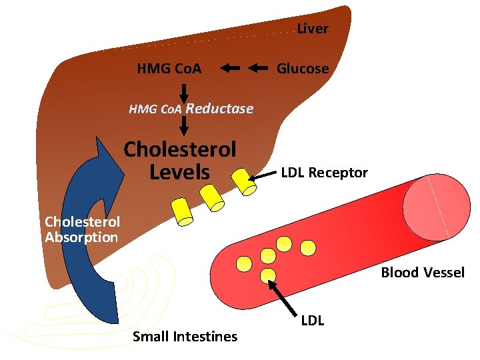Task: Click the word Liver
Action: (x=312, y=29)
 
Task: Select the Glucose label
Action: (x=303, y=69)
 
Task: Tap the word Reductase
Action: (x=220, y=109)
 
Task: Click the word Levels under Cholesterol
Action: (x=179, y=173)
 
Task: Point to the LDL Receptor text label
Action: (x=324, y=173)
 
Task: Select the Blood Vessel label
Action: (x=423, y=272)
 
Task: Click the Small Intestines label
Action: (x=185, y=336)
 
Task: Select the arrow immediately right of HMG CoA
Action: (x=230, y=68)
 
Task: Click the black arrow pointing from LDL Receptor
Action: (x=263, y=175)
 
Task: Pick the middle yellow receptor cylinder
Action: (x=211, y=196)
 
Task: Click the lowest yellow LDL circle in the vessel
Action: (x=269, y=275)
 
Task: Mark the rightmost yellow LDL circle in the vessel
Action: (x=307, y=248)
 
